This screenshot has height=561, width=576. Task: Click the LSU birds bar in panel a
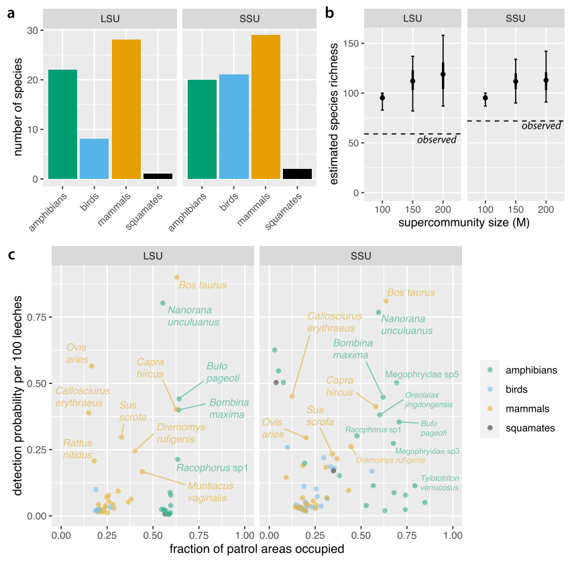tap(94, 159)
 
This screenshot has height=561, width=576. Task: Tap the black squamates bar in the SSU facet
tap(298, 174)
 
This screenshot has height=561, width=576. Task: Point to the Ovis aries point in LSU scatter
tap(92, 366)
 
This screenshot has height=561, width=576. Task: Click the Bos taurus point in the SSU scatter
tap(386, 301)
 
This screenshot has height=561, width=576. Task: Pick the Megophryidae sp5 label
tap(422, 374)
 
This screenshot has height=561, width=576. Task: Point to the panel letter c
tap(11, 255)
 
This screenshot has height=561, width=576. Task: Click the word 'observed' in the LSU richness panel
tap(437, 139)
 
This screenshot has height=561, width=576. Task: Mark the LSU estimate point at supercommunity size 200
tap(443, 74)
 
